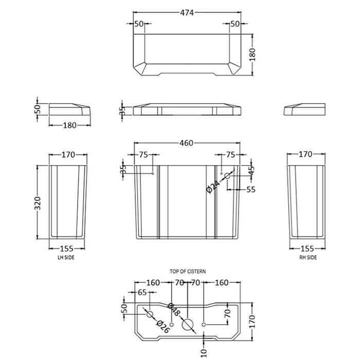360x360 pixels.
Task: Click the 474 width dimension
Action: click(187, 13)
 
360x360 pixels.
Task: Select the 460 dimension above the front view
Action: click(186, 143)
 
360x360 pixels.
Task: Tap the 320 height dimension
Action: click(38, 203)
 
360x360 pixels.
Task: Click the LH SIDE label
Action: click(66, 258)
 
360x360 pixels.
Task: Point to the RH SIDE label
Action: click(308, 258)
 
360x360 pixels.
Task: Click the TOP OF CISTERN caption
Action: click(188, 272)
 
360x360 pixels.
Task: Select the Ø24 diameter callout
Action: click(212, 187)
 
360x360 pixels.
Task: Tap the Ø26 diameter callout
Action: click(163, 327)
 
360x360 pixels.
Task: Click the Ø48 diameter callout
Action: click(174, 310)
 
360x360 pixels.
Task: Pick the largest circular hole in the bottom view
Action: click(188, 325)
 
